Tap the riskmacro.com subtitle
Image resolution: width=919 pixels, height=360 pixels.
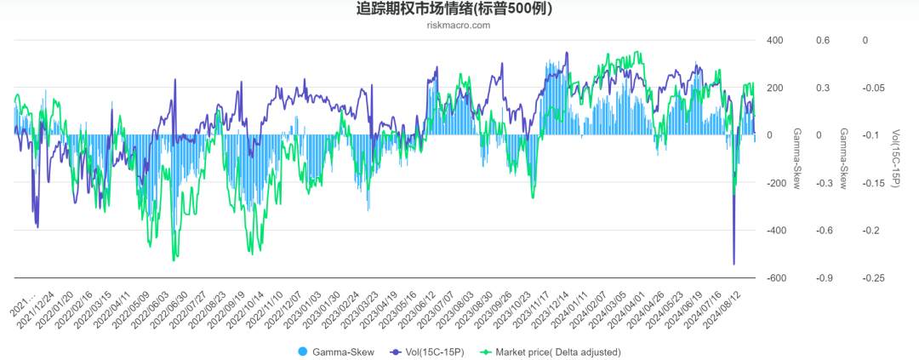coord(459,26)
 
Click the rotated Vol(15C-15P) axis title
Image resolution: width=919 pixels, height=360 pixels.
coord(896,158)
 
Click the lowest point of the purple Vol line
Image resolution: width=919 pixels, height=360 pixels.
coord(734,264)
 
